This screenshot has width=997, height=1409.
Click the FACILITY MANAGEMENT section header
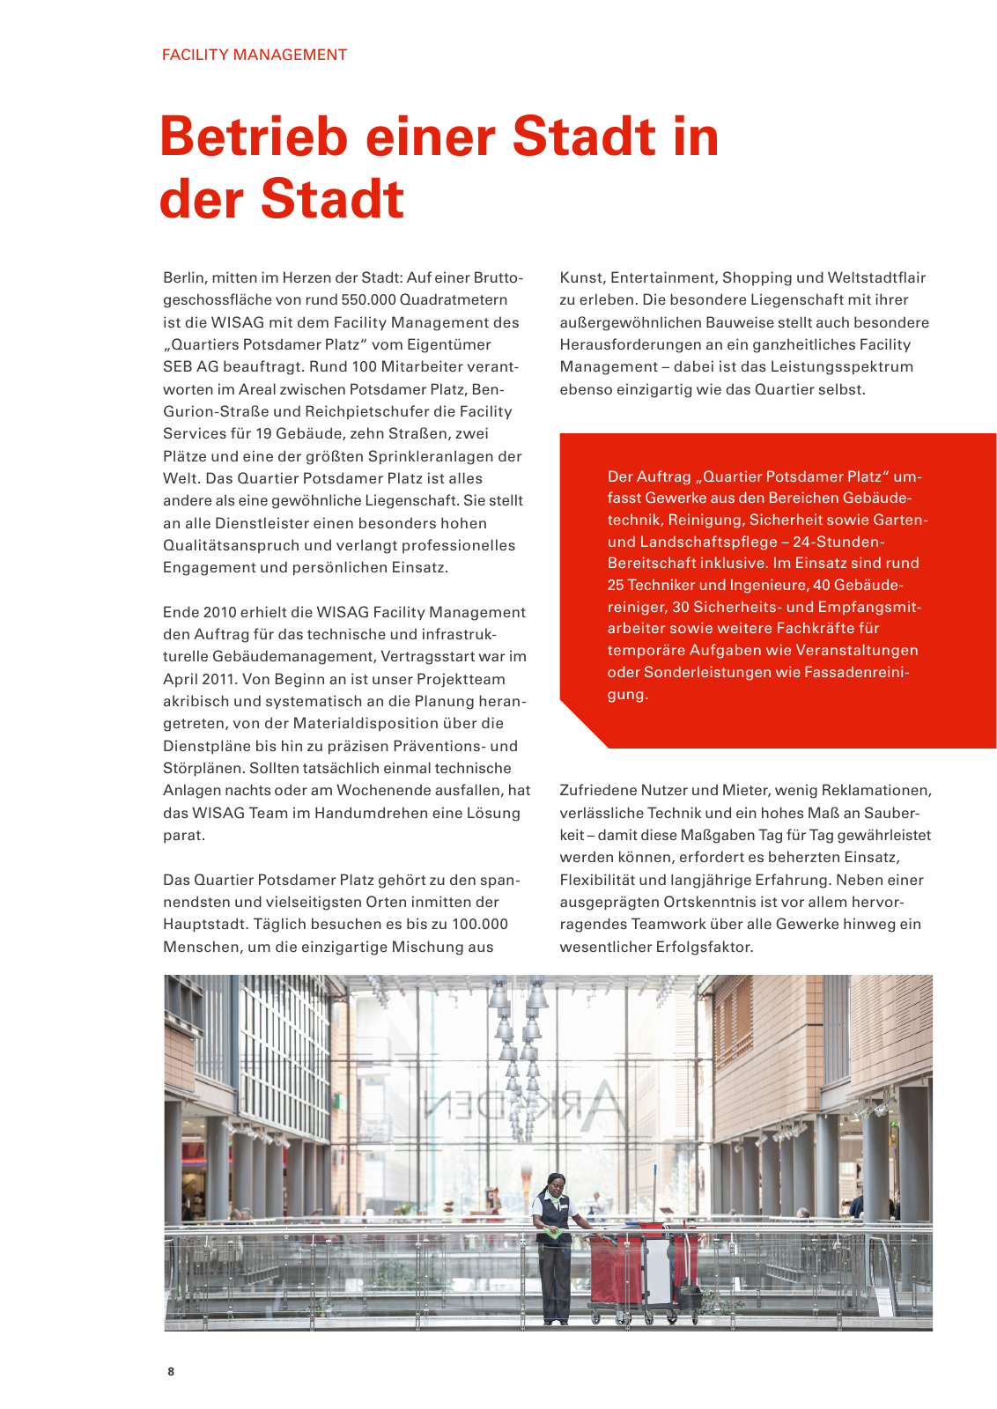point(255,55)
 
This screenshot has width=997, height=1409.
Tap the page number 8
point(171,1371)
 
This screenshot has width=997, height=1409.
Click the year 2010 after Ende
point(219,612)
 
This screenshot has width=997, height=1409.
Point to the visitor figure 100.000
point(480,925)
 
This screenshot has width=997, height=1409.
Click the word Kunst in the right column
point(581,278)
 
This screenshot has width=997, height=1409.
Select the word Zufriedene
point(597,791)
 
